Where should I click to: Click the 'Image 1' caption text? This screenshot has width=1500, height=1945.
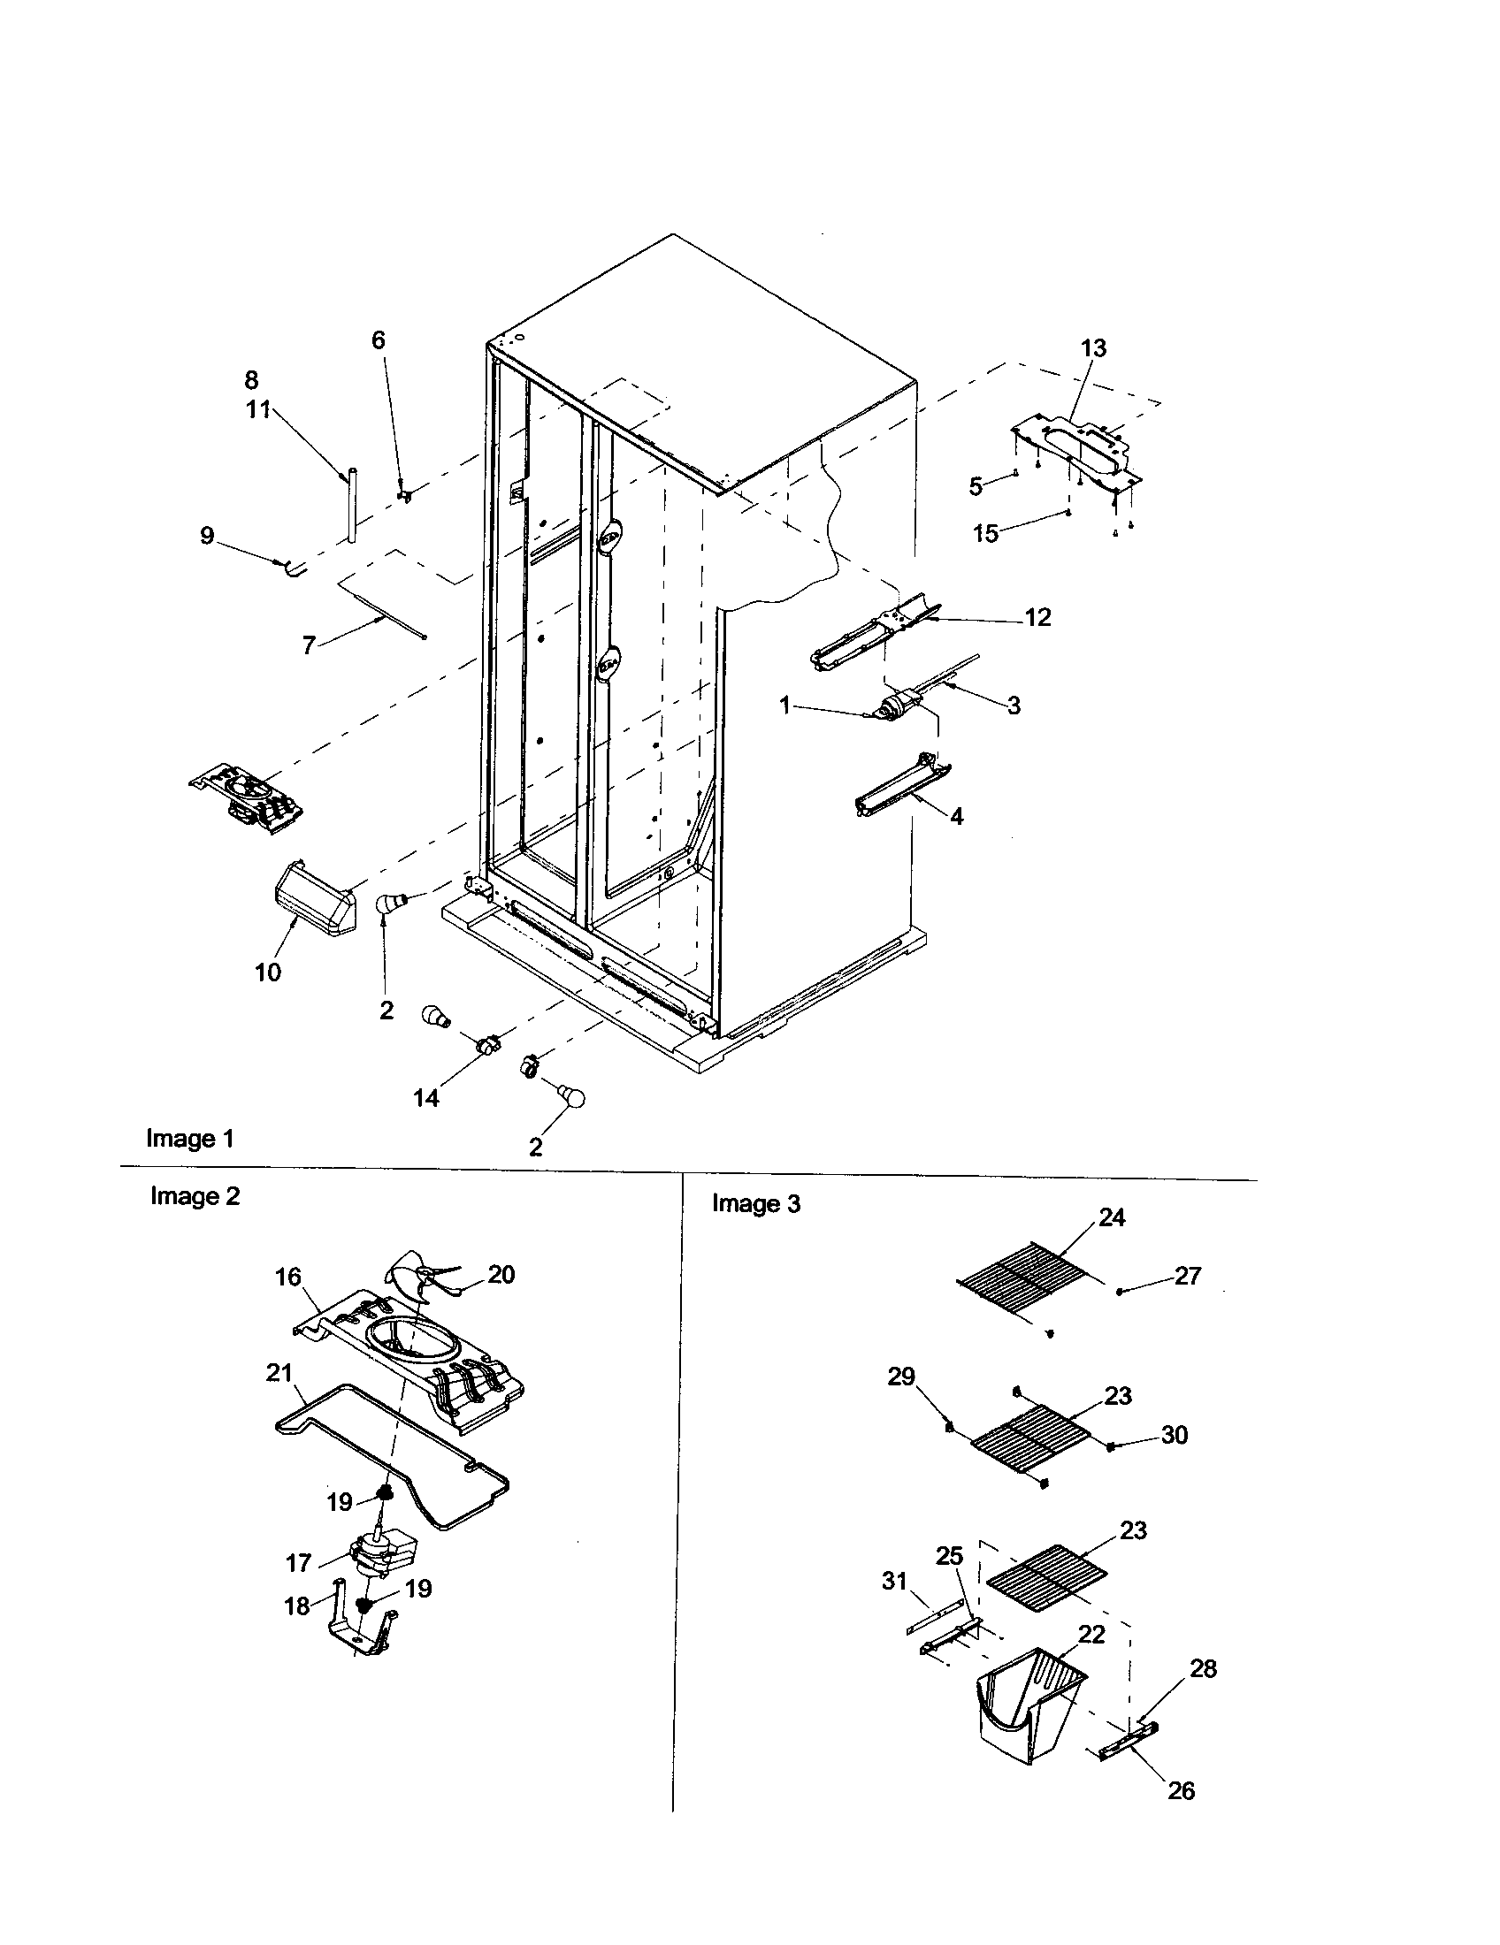190,1139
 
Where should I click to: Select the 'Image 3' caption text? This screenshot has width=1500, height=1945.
755,1204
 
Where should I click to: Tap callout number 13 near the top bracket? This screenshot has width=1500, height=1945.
1093,348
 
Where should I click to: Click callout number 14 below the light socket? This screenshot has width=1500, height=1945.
425,1098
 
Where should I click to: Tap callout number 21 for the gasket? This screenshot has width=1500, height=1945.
279,1372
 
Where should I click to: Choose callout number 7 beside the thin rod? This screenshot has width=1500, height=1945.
309,645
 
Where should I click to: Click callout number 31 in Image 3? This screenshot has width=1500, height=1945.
894,1582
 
